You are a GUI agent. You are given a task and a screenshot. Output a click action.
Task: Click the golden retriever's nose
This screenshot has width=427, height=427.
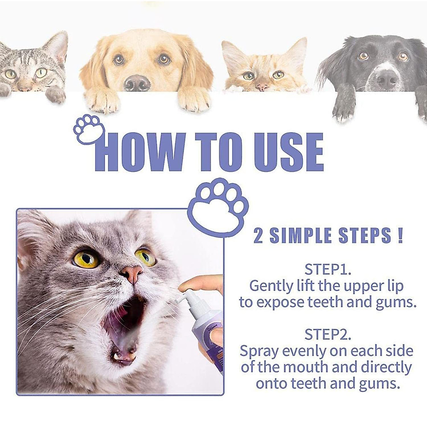(x=137, y=83)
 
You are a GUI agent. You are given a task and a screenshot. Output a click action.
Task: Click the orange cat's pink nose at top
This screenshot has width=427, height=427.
(x=262, y=87)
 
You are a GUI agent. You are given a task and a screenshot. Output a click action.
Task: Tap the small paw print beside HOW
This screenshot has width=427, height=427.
(x=89, y=128)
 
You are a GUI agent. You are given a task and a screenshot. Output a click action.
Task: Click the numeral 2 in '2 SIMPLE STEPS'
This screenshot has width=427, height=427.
(x=258, y=236)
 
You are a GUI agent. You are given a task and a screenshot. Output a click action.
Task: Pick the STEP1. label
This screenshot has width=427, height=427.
(x=328, y=269)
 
